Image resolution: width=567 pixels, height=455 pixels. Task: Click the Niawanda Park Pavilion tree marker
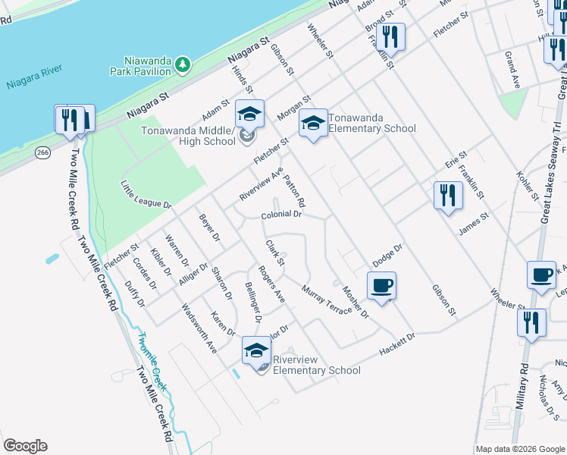[182, 66]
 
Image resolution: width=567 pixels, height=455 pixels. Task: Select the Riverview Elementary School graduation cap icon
[256, 352]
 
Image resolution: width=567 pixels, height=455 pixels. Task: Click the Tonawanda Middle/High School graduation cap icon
[249, 115]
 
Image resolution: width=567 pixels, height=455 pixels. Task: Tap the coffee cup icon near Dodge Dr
[381, 286]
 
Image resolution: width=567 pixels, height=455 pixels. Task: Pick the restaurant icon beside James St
[448, 195]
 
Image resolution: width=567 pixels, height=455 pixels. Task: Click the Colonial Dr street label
[281, 215]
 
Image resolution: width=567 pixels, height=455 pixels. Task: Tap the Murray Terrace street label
[326, 300]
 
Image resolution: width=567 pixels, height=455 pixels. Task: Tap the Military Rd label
[522, 387]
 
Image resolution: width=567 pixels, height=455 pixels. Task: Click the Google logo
[25, 446]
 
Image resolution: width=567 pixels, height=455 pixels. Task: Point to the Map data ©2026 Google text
[520, 449]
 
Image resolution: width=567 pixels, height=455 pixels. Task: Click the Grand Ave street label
[512, 70]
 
